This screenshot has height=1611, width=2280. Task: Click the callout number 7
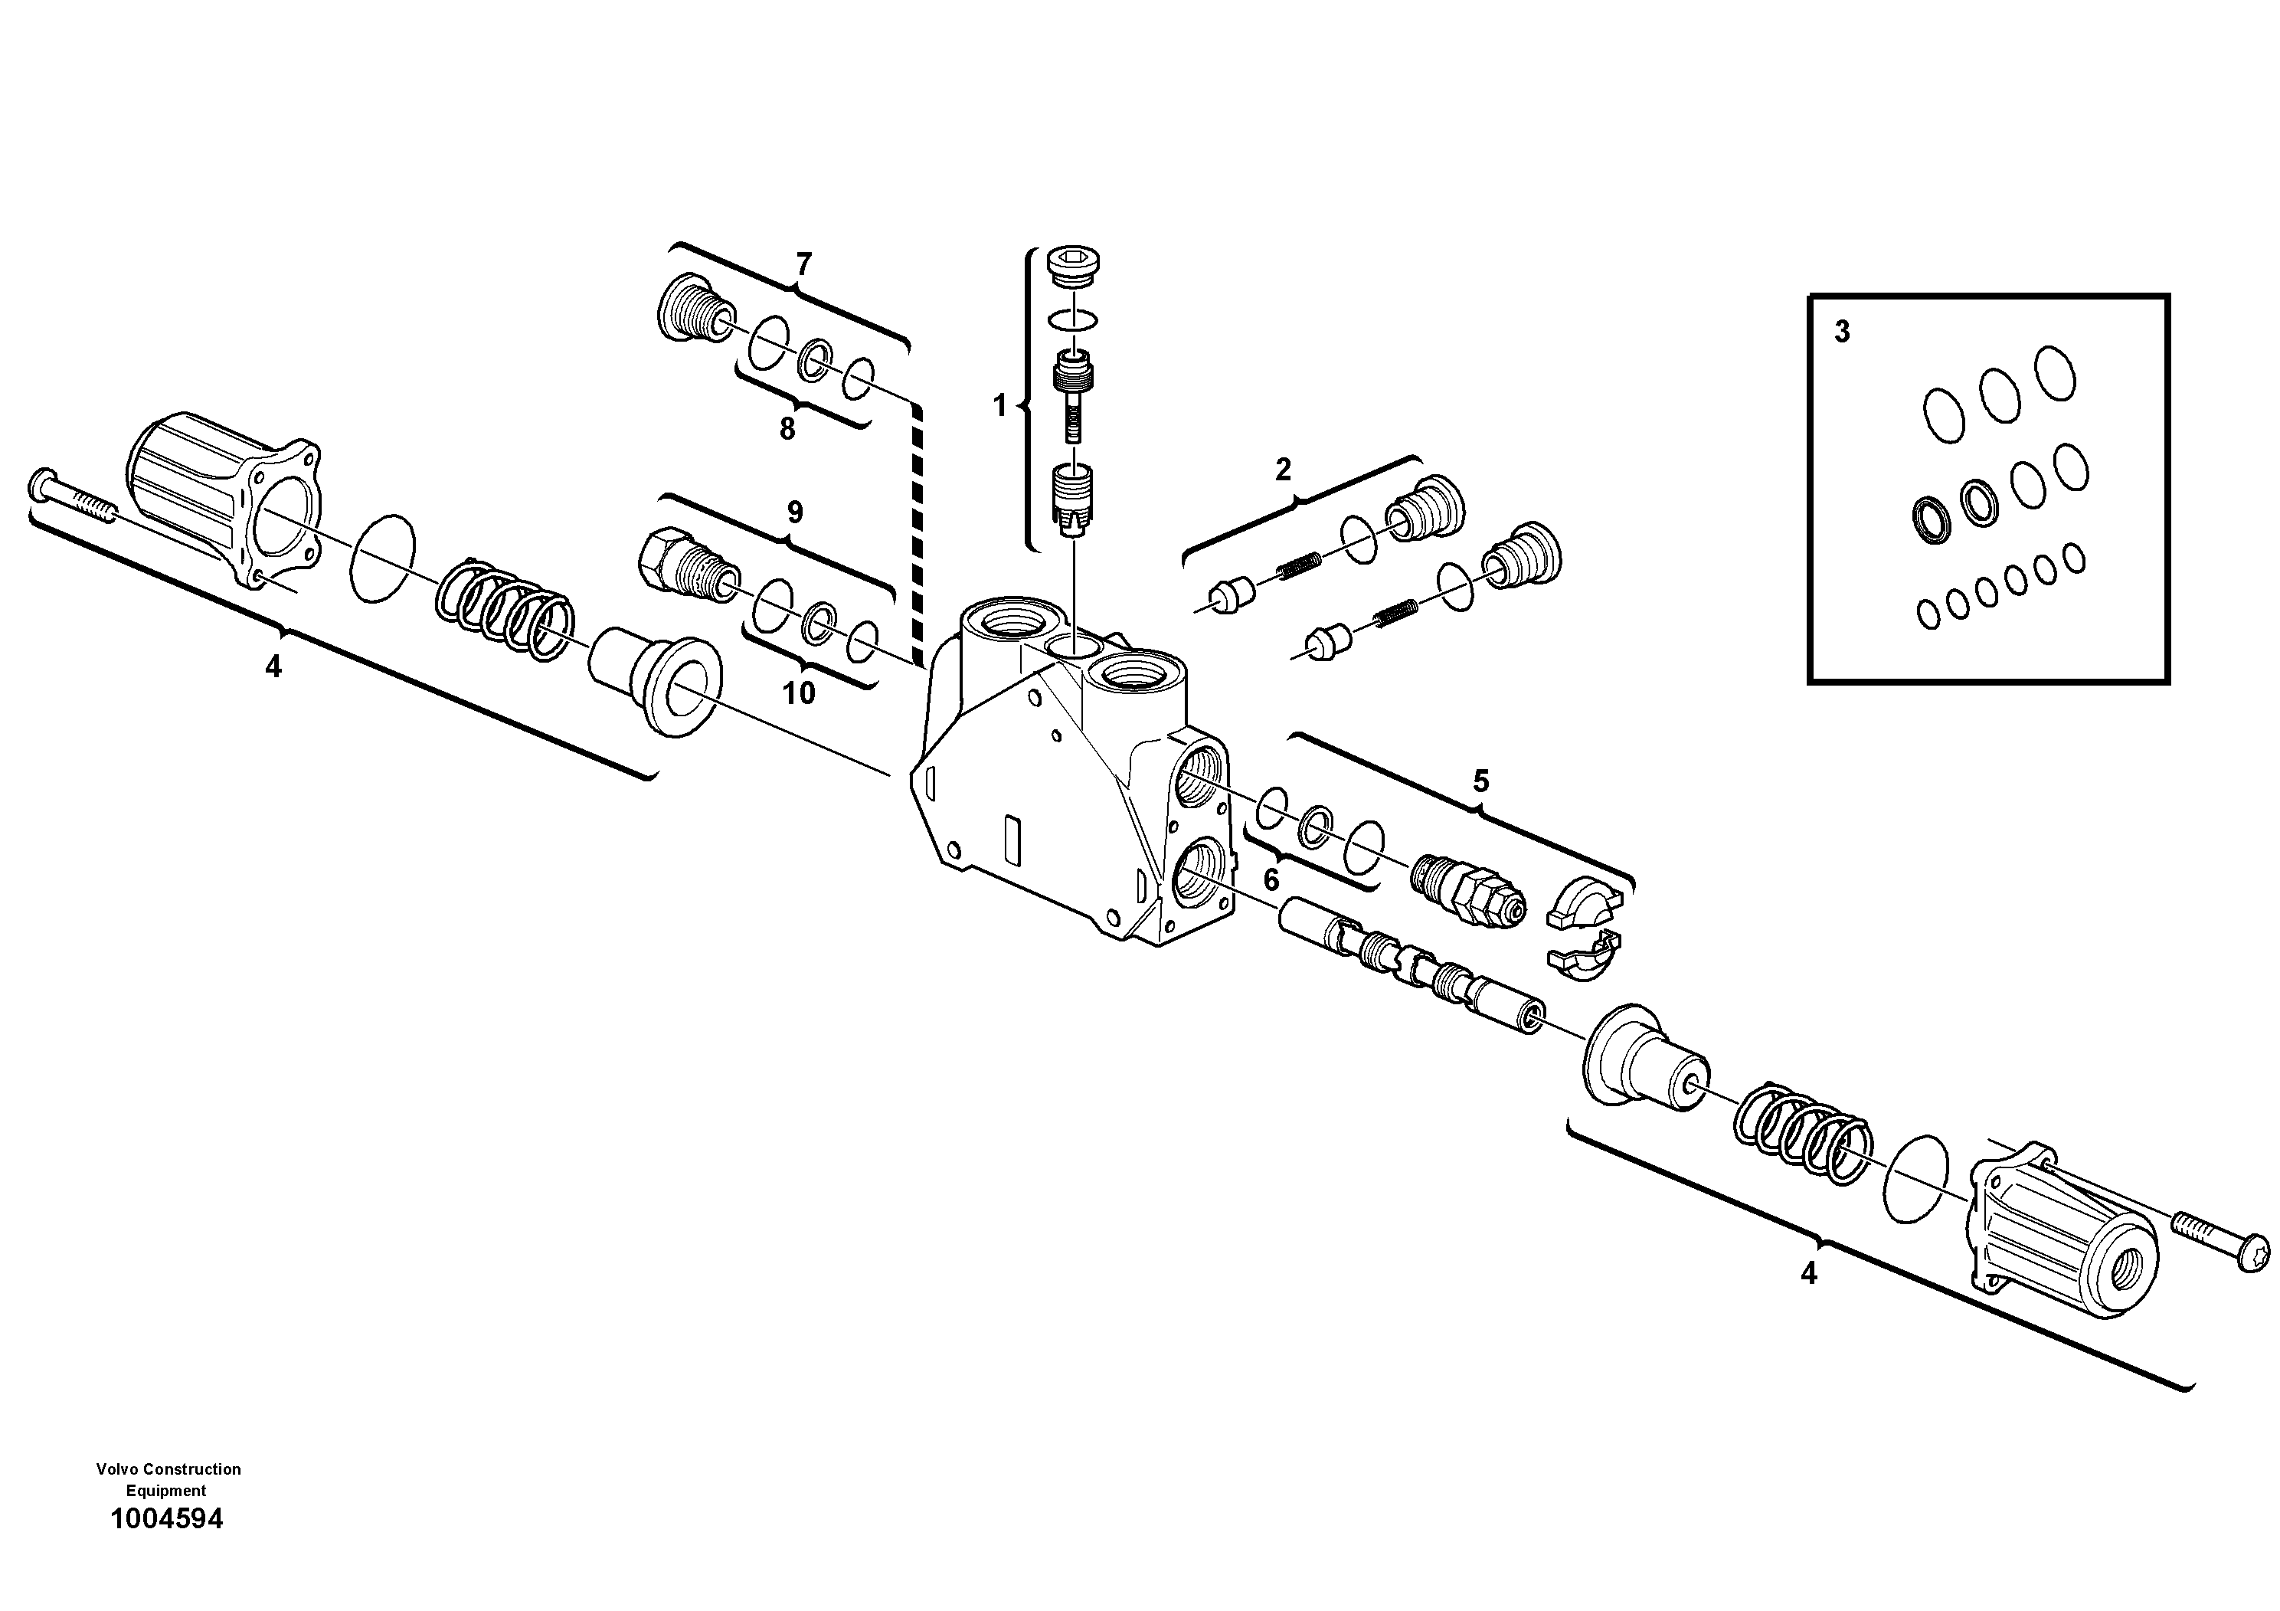click(x=803, y=264)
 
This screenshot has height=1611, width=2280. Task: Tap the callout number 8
click(x=787, y=429)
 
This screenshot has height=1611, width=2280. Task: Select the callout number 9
click(x=794, y=512)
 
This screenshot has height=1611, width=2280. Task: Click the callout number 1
click(x=1000, y=406)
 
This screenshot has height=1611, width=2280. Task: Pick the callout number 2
click(x=1282, y=470)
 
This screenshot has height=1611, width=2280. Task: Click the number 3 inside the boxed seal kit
click(x=1842, y=332)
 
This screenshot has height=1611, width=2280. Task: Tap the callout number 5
click(x=1480, y=781)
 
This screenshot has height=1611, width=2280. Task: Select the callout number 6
click(x=1271, y=880)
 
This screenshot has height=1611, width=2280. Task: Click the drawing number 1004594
click(x=167, y=1518)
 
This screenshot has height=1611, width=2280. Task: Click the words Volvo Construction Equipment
click(x=168, y=1479)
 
